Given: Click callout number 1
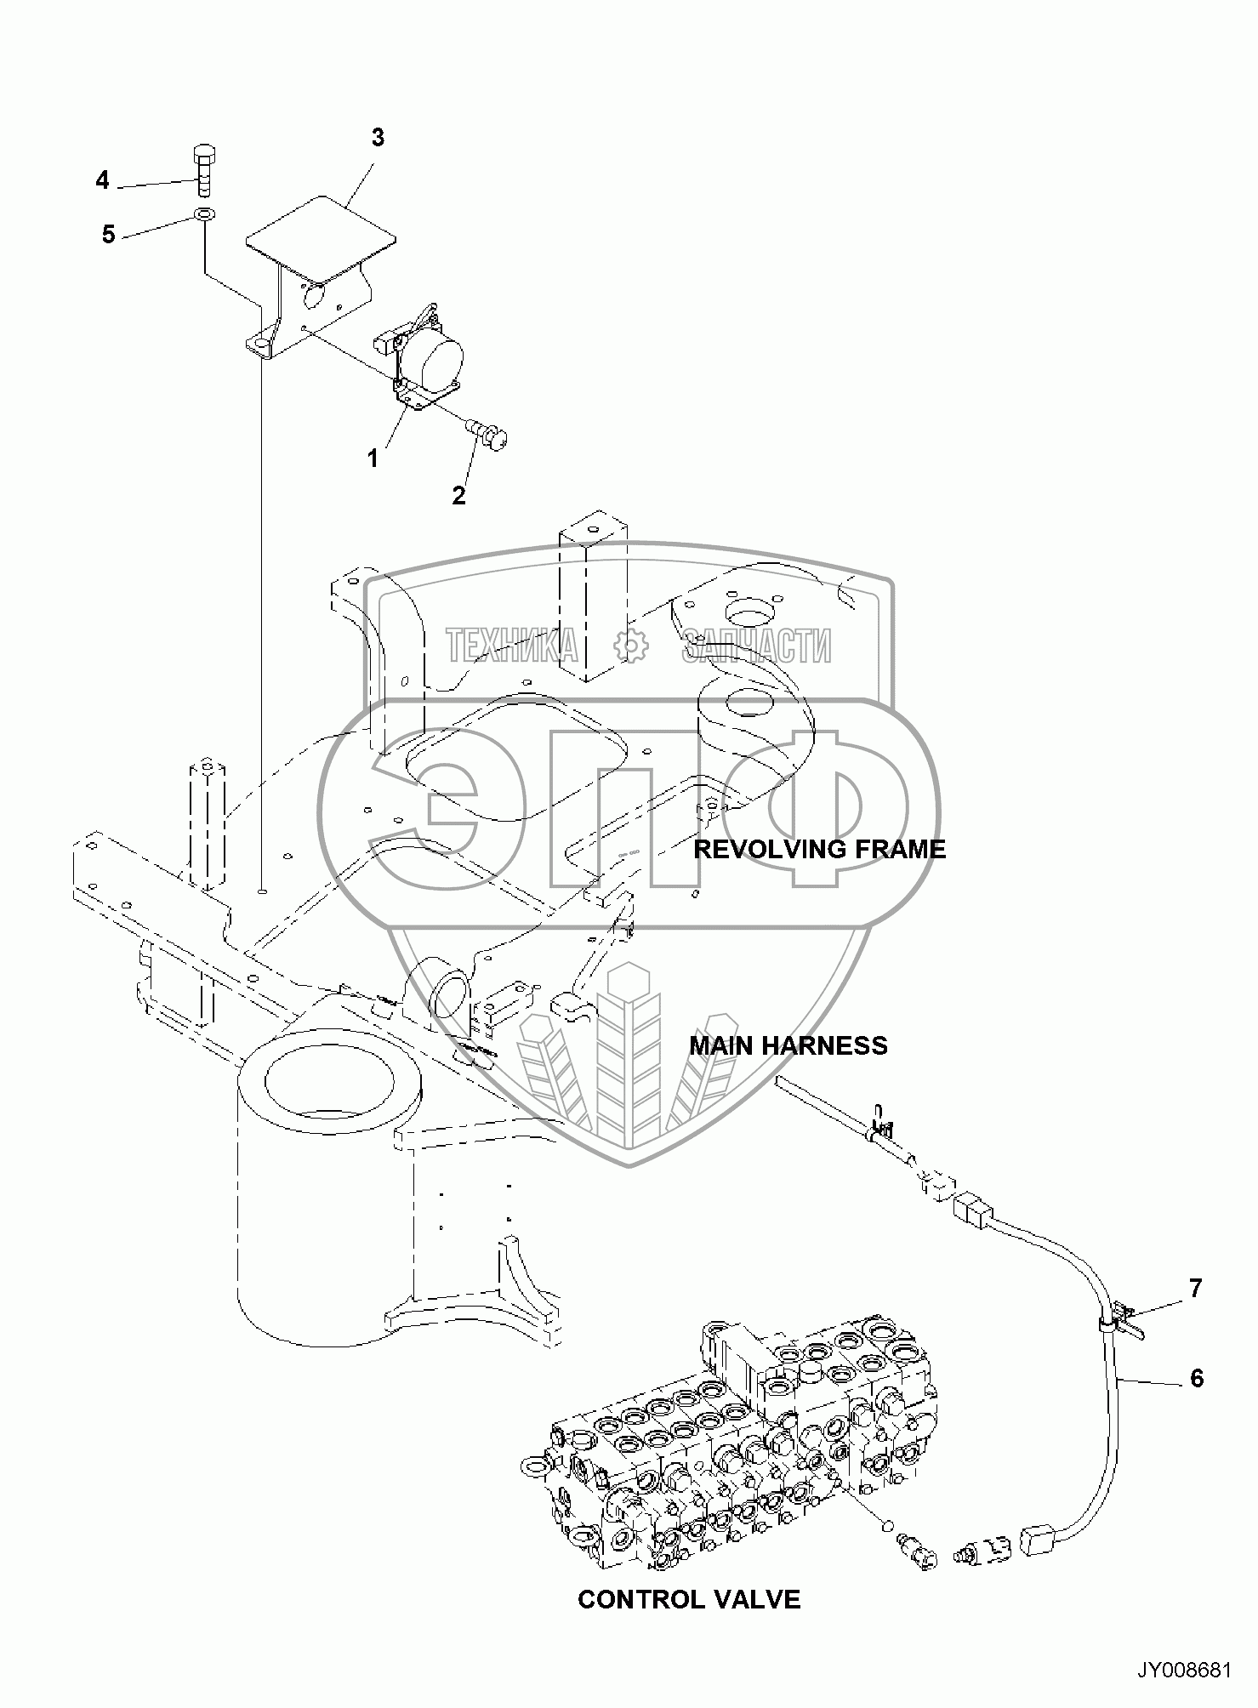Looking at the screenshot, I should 373,458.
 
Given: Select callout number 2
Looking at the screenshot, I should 459,496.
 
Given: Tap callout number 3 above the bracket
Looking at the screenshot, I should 378,138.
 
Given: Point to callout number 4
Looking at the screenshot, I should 103,180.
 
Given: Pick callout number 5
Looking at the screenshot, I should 109,234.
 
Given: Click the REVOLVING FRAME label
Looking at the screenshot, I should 819,849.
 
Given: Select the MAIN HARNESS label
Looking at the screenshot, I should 788,1045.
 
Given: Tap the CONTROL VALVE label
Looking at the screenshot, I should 689,1600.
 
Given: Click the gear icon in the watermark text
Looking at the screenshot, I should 630,646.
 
